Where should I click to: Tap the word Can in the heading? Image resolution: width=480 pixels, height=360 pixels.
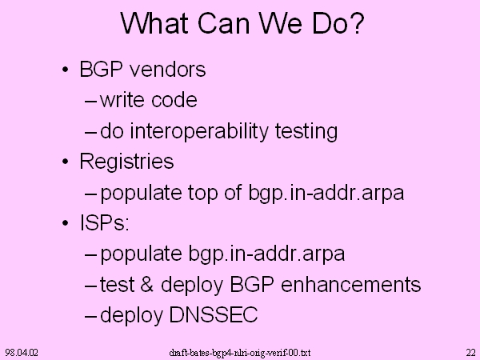tap(223, 23)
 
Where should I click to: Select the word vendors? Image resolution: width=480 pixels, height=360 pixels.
tap(168, 69)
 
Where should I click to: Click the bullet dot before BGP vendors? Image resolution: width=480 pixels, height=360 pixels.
tap(66, 70)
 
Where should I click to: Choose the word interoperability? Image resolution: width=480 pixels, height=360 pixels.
tap(199, 131)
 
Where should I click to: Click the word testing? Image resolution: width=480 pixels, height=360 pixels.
tap(306, 131)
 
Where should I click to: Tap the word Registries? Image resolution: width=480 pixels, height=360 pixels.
tap(126, 161)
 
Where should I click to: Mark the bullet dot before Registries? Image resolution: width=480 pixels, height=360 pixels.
tap(66, 162)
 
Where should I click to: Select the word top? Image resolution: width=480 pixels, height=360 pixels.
tap(203, 193)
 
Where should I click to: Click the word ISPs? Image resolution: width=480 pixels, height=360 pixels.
tap(102, 222)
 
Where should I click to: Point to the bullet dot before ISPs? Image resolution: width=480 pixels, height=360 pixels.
tap(66, 222)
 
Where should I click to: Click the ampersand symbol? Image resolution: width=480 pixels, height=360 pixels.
tap(146, 284)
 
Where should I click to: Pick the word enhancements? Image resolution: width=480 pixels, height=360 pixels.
tap(351, 284)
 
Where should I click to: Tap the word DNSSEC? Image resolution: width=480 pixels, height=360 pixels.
tap(214, 314)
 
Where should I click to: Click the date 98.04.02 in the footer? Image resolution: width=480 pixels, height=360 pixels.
tap(22, 353)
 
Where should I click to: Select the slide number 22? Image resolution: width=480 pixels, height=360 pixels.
tap(471, 353)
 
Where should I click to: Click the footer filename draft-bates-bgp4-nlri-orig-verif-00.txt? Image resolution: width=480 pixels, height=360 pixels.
tap(240, 353)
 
